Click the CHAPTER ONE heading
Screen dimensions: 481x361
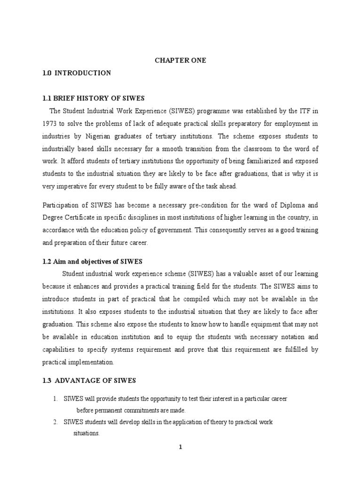[180, 61]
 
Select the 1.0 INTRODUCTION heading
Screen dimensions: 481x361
[77, 73]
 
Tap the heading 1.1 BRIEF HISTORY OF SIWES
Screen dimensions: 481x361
[94, 98]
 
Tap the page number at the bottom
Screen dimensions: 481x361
[180, 447]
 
